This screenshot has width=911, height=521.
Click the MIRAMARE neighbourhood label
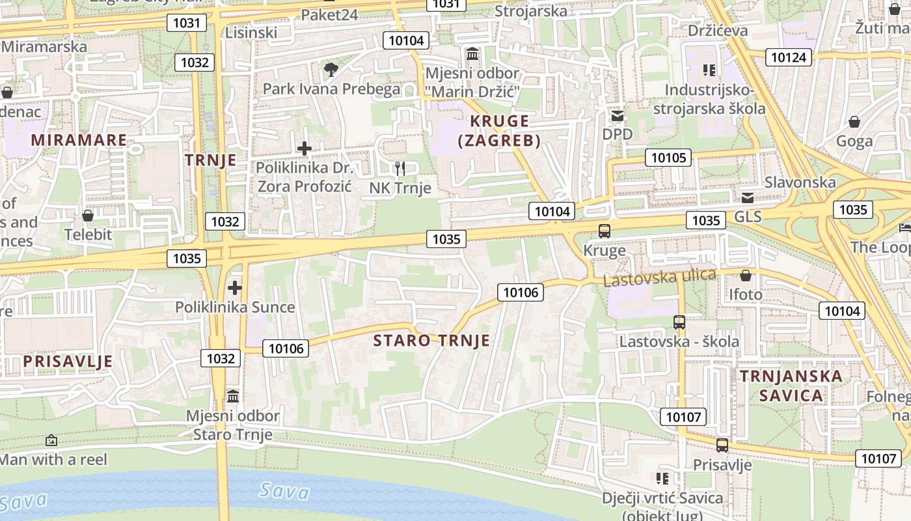[79, 140]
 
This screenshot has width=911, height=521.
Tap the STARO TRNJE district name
[431, 341]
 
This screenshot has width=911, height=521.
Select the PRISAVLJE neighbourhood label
[68, 361]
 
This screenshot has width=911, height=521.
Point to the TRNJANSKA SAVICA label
[791, 386]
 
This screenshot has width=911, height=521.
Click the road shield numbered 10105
[668, 157]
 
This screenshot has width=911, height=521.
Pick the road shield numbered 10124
[788, 57]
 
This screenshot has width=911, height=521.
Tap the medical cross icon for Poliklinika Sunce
[234, 287]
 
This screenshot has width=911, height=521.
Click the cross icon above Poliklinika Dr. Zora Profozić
[304, 148]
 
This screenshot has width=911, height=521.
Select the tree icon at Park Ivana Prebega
[331, 70]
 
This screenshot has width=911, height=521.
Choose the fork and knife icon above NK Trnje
[400, 169]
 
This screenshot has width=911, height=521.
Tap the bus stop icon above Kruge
[605, 231]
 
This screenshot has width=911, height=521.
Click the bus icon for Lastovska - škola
[679, 322]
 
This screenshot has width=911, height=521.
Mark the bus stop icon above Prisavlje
[722, 445]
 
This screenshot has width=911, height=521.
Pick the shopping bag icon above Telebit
[88, 215]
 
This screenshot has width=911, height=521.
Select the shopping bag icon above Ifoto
[745, 275]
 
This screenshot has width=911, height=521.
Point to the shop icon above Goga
[854, 122]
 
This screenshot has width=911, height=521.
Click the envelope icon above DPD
[617, 116]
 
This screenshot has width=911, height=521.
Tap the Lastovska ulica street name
[659, 277]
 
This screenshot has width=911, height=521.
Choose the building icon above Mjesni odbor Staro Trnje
[233, 396]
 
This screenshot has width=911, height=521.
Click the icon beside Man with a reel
[51, 441]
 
